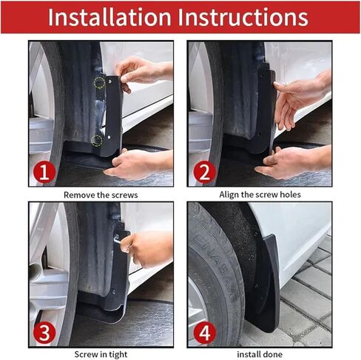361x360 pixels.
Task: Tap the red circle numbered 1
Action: [x=44, y=173]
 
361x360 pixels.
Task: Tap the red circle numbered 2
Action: [x=203, y=173]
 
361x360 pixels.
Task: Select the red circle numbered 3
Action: [x=44, y=333]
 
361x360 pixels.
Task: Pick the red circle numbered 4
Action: [x=203, y=333]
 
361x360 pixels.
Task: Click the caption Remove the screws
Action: [x=101, y=195]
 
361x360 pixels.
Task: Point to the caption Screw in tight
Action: [x=101, y=354]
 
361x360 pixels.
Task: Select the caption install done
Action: [x=260, y=354]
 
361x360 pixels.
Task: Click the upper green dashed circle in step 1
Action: [x=98, y=83]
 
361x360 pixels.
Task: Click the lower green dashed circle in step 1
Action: [x=96, y=139]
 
